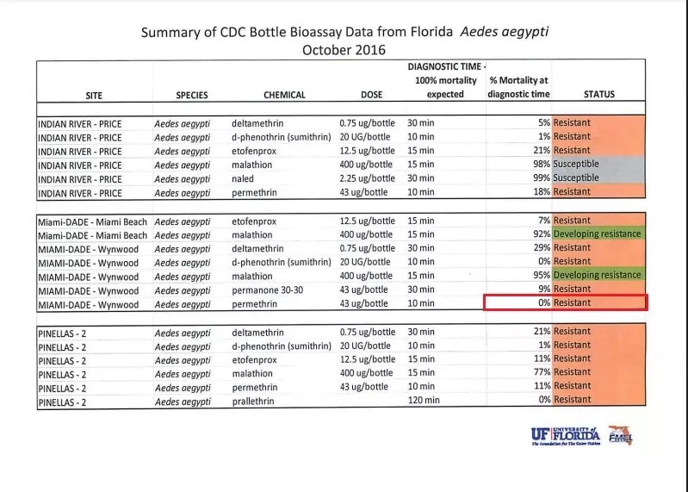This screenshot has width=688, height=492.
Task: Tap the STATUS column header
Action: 598,95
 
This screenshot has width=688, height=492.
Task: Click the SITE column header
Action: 94,95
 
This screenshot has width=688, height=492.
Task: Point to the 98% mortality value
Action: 542,164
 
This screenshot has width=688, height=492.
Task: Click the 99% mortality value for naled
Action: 542,177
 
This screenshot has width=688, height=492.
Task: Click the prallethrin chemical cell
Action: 256,401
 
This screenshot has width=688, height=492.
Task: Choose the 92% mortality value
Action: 542,234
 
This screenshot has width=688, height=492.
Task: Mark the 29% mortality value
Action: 542,248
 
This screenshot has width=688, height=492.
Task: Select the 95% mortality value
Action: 542,276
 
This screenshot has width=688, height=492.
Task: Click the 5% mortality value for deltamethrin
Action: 544,122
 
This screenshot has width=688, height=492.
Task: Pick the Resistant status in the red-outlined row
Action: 572,303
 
